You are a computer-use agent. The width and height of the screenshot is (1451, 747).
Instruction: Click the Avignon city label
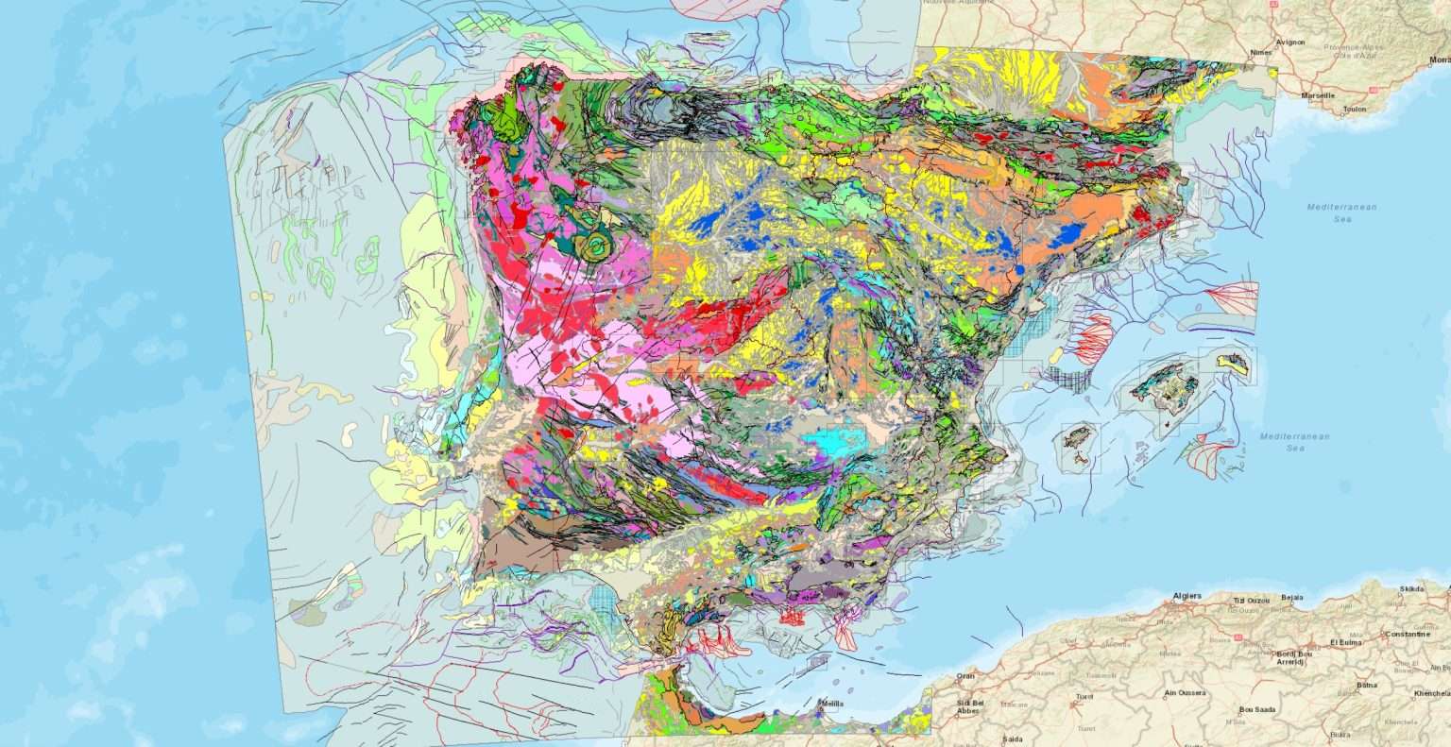(x=1290, y=42)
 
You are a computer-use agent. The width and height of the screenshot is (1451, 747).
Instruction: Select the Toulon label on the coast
(x=1355, y=109)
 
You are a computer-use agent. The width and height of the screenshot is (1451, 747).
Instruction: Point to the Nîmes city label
(x=1260, y=53)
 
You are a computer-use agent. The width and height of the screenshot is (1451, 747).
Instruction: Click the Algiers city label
(x=1186, y=596)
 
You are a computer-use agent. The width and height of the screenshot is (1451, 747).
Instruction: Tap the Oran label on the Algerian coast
(x=964, y=675)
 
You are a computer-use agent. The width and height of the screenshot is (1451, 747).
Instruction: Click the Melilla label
(x=830, y=704)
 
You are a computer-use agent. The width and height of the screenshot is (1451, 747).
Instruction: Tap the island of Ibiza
(x=1077, y=441)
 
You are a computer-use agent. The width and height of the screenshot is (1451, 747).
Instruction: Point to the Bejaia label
(x=1291, y=598)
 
